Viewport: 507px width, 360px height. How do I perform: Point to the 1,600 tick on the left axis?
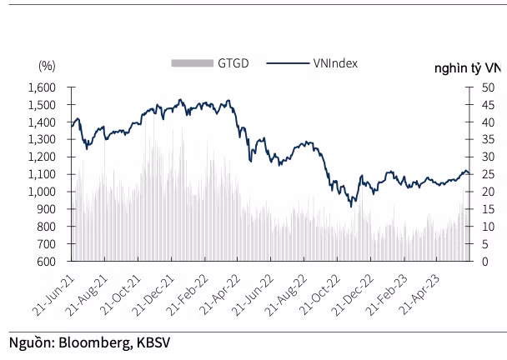click(42, 87)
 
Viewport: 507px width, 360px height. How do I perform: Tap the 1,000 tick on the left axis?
click(42, 192)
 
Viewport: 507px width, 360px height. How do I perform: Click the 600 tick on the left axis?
click(47, 262)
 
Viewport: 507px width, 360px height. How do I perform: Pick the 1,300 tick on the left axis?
click(42, 139)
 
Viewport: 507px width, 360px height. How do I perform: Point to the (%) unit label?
click(47, 65)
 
